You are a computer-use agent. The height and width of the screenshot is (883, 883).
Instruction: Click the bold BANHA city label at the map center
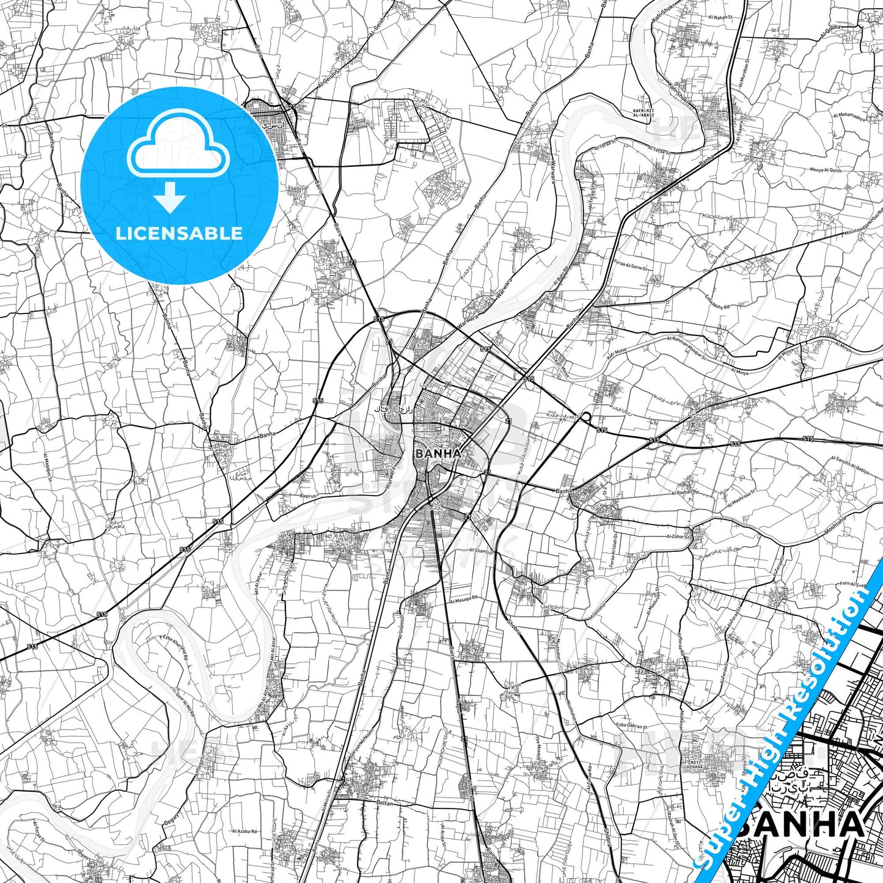(x=437, y=453)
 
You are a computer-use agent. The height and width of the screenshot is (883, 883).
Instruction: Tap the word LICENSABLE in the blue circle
(x=179, y=233)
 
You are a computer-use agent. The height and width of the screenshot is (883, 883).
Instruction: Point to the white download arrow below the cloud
(x=170, y=197)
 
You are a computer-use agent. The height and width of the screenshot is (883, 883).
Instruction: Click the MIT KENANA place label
(x=694, y=764)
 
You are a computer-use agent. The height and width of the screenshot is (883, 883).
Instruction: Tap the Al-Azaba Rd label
(x=244, y=831)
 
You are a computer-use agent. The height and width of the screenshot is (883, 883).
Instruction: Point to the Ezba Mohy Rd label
(x=717, y=302)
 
